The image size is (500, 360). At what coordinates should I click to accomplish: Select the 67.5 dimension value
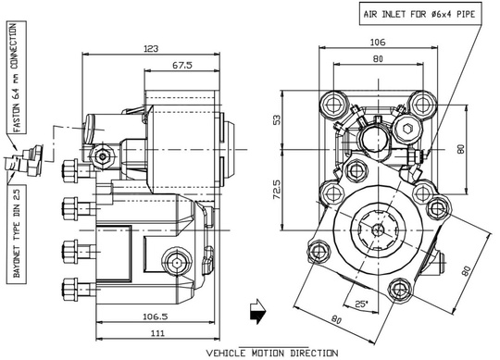pos(181,67)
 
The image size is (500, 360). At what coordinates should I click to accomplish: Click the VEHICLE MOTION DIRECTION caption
pos(272,353)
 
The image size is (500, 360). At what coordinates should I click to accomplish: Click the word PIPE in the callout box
pos(467,13)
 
